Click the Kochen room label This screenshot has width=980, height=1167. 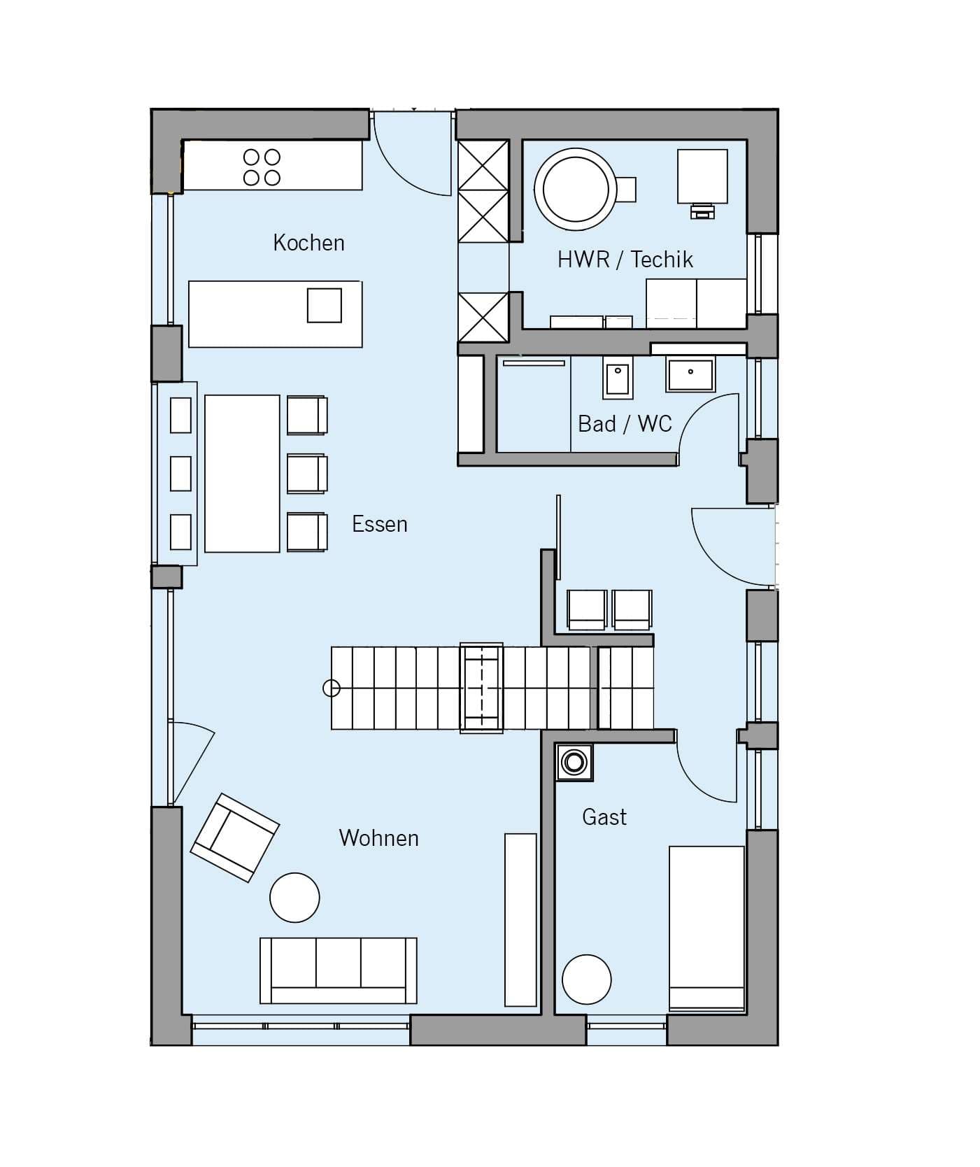(x=308, y=243)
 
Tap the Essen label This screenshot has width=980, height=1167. (x=379, y=524)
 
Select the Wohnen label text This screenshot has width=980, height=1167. (x=378, y=837)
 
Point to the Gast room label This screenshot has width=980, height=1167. (x=604, y=816)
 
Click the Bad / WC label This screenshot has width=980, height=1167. (x=625, y=423)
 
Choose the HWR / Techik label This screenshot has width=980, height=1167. (x=625, y=260)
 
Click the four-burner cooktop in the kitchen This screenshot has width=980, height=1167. (x=262, y=167)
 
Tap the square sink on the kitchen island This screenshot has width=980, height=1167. (x=325, y=305)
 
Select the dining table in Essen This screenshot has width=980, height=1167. (x=242, y=474)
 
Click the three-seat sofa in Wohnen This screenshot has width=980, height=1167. (x=339, y=970)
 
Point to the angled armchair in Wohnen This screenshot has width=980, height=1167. (x=235, y=837)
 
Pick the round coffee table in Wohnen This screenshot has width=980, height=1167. (x=294, y=898)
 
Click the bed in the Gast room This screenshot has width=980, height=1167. (x=706, y=928)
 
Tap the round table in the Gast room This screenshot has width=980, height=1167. (x=586, y=979)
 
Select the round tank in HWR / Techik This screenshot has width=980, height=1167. (x=575, y=189)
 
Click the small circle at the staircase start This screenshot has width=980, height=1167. (x=331, y=688)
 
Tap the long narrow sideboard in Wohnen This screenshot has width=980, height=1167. (x=520, y=919)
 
